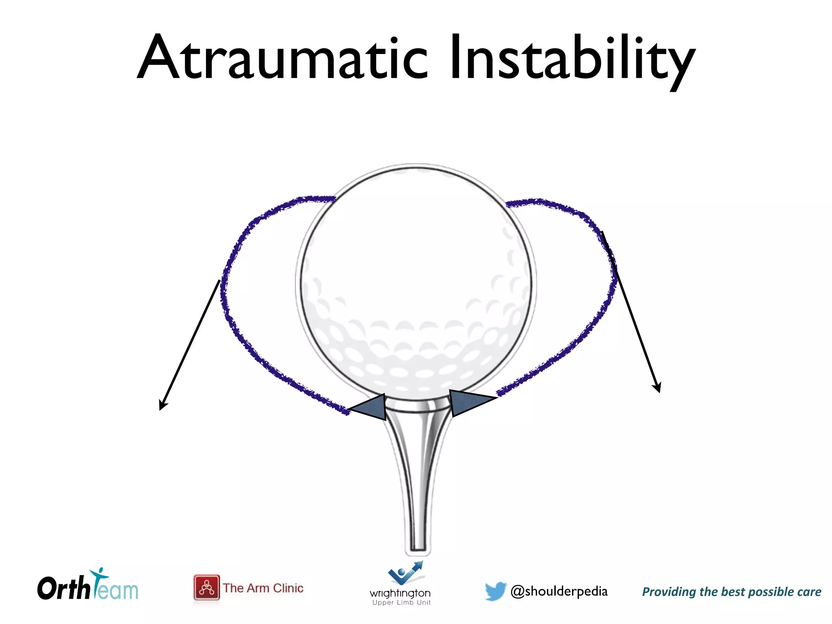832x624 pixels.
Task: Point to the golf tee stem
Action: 418,479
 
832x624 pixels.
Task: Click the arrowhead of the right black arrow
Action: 657,388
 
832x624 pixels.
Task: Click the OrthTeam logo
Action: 87,587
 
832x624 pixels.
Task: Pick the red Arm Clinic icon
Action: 206,587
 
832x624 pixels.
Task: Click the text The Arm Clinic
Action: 263,588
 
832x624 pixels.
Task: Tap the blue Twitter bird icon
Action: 496,591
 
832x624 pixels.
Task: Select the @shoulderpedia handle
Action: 559,591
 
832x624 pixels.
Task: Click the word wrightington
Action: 400,593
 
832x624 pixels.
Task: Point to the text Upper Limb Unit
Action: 401,602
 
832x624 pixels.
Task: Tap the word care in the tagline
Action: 809,592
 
